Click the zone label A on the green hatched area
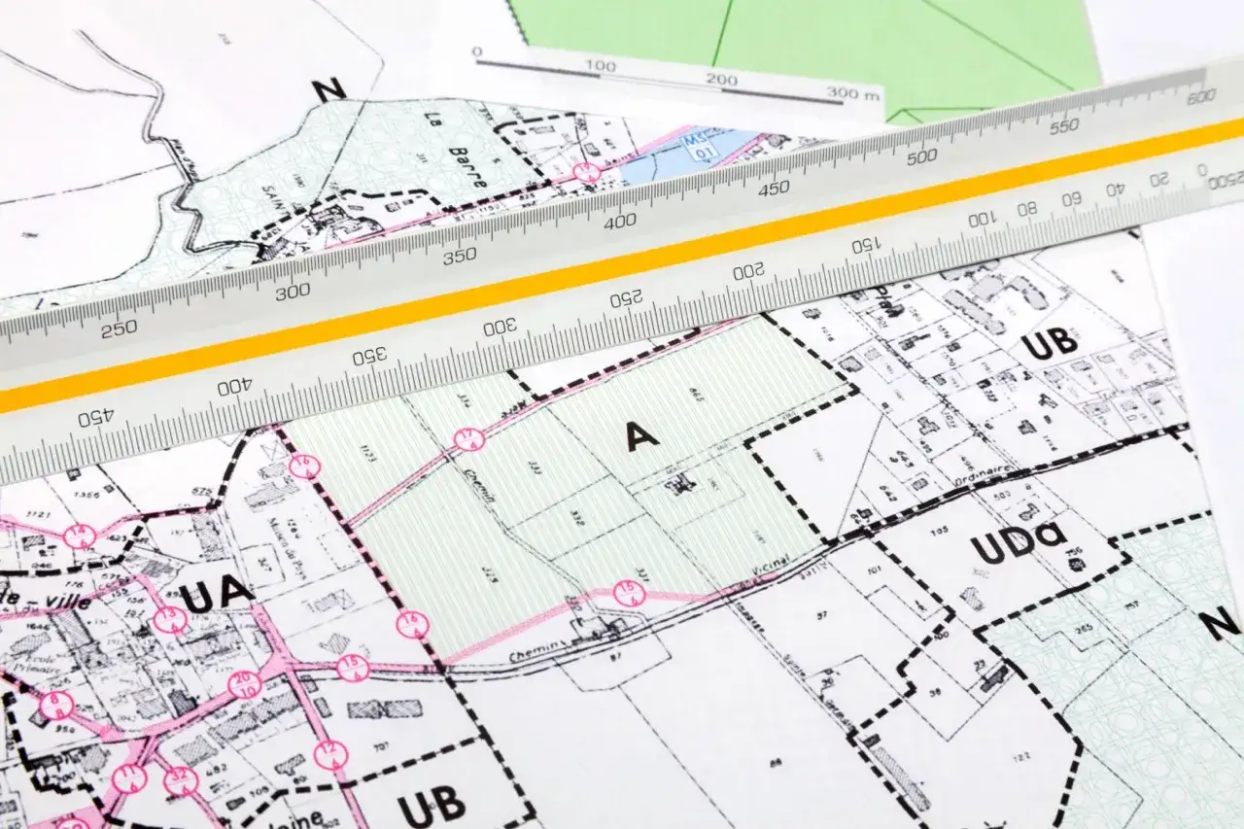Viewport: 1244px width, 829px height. tap(641, 437)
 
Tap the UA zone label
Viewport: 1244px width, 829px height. tap(217, 596)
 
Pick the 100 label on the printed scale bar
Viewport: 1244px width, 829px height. tap(601, 66)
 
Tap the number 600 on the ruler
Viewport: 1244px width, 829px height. tap(1201, 96)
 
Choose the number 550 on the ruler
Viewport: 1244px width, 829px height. tap(1064, 127)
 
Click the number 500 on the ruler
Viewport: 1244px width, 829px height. tap(921, 156)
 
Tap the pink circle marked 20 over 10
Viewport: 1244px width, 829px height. tap(245, 684)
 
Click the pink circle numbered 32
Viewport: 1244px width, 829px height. tap(181, 780)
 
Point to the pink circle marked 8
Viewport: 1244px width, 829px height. tap(55, 706)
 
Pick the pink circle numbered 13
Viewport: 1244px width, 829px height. tap(170, 620)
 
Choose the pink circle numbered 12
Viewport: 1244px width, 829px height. tap(331, 754)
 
